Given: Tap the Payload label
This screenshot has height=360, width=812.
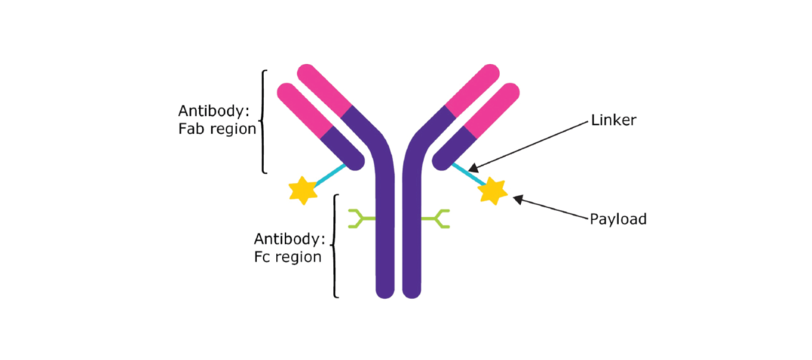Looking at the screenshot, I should tap(617, 219).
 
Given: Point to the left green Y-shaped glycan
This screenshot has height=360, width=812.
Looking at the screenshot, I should tap(360, 219).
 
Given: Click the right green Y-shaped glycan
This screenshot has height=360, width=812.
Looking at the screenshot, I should tap(437, 219).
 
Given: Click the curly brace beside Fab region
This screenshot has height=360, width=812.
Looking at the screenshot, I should tap(263, 122).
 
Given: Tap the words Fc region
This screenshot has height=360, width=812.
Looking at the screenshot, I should tap(288, 256).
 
